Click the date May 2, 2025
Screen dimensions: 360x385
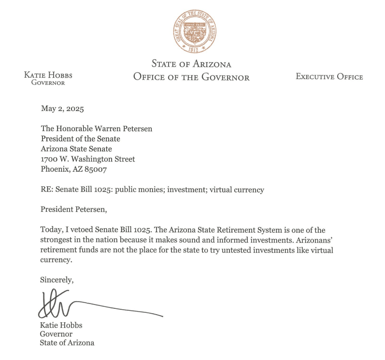click(62, 109)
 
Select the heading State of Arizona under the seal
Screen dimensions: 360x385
click(191, 64)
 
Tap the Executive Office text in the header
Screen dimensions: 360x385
click(329, 76)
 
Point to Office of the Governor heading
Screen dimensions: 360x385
click(191, 77)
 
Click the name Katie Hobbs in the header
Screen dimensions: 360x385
click(48, 75)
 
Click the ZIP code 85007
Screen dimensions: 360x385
click(97, 169)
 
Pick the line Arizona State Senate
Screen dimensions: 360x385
click(76, 149)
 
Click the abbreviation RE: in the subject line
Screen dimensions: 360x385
click(47, 190)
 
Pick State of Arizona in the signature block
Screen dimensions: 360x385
click(67, 343)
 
